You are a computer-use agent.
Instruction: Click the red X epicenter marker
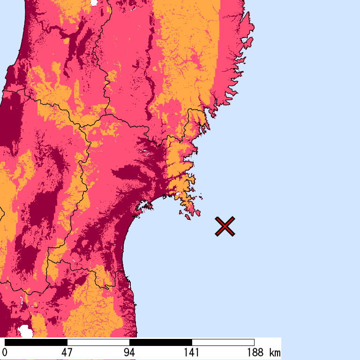(225, 226)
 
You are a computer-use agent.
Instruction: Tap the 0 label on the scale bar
(5, 352)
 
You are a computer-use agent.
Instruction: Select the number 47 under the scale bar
(67, 352)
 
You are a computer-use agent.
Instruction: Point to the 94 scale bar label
(129, 352)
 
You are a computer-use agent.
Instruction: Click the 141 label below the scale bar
(192, 352)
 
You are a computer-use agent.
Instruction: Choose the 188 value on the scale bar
(254, 352)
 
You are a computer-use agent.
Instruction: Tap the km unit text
(275, 352)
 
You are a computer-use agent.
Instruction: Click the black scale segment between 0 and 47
(36, 342)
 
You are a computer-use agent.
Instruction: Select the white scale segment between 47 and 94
(98, 342)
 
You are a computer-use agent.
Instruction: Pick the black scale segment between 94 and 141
(161, 342)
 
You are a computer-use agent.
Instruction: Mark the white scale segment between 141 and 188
(223, 342)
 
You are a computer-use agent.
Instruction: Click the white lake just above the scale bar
(25, 331)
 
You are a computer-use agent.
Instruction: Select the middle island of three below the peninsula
(187, 217)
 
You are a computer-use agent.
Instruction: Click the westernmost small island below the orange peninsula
(181, 213)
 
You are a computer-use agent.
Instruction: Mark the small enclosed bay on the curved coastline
(145, 205)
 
